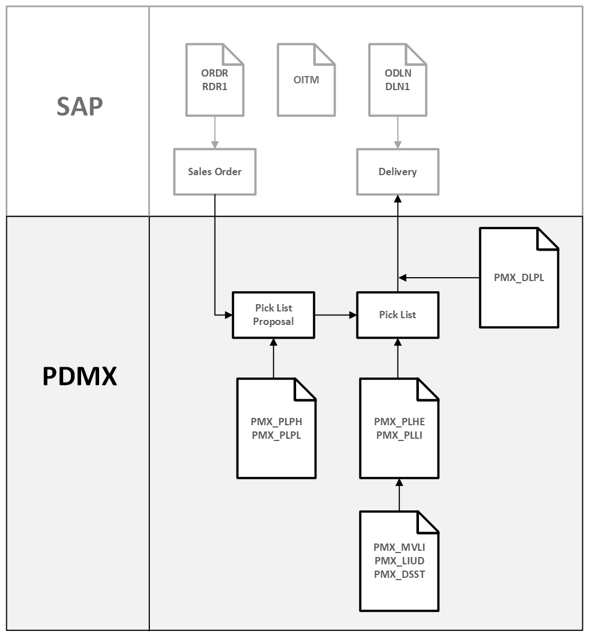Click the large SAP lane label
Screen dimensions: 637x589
[x=80, y=106]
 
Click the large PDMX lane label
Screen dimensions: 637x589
[x=80, y=376]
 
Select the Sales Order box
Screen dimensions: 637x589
[x=215, y=172]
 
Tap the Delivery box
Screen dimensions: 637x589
[x=398, y=172]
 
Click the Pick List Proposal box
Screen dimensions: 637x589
[x=273, y=315]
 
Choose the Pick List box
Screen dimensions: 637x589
[x=398, y=315]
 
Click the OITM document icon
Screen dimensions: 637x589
[x=306, y=80]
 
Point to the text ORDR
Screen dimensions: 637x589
[x=215, y=73]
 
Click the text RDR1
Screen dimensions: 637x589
[x=215, y=86]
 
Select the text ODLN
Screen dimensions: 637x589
[x=398, y=73]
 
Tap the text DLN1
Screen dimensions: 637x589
[x=398, y=86]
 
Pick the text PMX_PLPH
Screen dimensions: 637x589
[x=276, y=421]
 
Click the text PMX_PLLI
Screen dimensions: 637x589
[x=399, y=435]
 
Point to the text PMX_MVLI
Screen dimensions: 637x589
[x=399, y=547]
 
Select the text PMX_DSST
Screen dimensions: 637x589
[x=399, y=574]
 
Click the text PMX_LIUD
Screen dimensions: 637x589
[x=399, y=561]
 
